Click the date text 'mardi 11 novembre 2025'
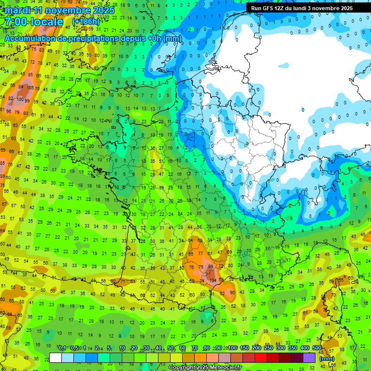[x=59, y=10]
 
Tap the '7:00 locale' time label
[x=34, y=22]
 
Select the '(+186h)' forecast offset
[x=86, y=22]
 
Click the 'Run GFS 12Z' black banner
[x=308, y=8]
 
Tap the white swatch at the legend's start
[x=56, y=357]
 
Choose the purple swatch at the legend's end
[x=309, y=357]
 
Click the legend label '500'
[x=317, y=348]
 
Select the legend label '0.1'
[x=62, y=348]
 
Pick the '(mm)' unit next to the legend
[x=327, y=358]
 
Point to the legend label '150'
[x=244, y=348]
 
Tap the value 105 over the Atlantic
[x=30, y=88]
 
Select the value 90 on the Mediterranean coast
[x=232, y=293]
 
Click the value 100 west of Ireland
[x=20, y=100]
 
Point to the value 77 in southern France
[x=200, y=253]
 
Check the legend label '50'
[x=171, y=348]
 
